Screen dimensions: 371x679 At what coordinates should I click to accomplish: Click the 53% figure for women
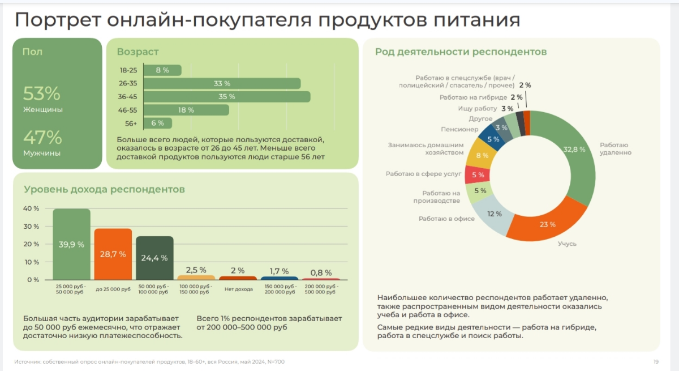pyautogui.click(x=41, y=93)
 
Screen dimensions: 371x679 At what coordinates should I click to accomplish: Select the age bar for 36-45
pyautogui.click(x=226, y=97)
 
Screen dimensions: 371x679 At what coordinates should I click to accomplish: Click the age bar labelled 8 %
pyautogui.click(x=162, y=70)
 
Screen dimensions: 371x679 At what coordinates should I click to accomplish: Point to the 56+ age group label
pyautogui.click(x=131, y=123)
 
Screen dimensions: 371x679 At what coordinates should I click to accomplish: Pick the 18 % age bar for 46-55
pyautogui.click(x=186, y=110)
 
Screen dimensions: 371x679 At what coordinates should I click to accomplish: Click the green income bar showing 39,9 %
pyautogui.click(x=71, y=244)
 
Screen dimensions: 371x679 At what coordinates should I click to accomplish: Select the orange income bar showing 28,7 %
pyautogui.click(x=113, y=254)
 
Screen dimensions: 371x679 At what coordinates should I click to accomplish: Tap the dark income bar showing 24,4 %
pyautogui.click(x=154, y=258)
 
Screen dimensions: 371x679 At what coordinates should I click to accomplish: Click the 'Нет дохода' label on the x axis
pyautogui.click(x=238, y=289)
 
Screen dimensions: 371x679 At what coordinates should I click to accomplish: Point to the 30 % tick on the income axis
pyautogui.click(x=31, y=227)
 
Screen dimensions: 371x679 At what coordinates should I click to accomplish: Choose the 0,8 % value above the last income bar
pyautogui.click(x=321, y=272)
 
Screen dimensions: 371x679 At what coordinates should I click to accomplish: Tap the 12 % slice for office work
pyautogui.click(x=494, y=214)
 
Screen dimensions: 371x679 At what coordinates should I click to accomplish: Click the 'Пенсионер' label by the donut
pyautogui.click(x=460, y=129)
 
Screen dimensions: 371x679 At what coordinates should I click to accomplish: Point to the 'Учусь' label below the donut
pyautogui.click(x=567, y=244)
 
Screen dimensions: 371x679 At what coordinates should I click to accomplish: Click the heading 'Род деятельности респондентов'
pyautogui.click(x=461, y=52)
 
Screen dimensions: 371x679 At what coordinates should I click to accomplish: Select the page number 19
pyautogui.click(x=656, y=361)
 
